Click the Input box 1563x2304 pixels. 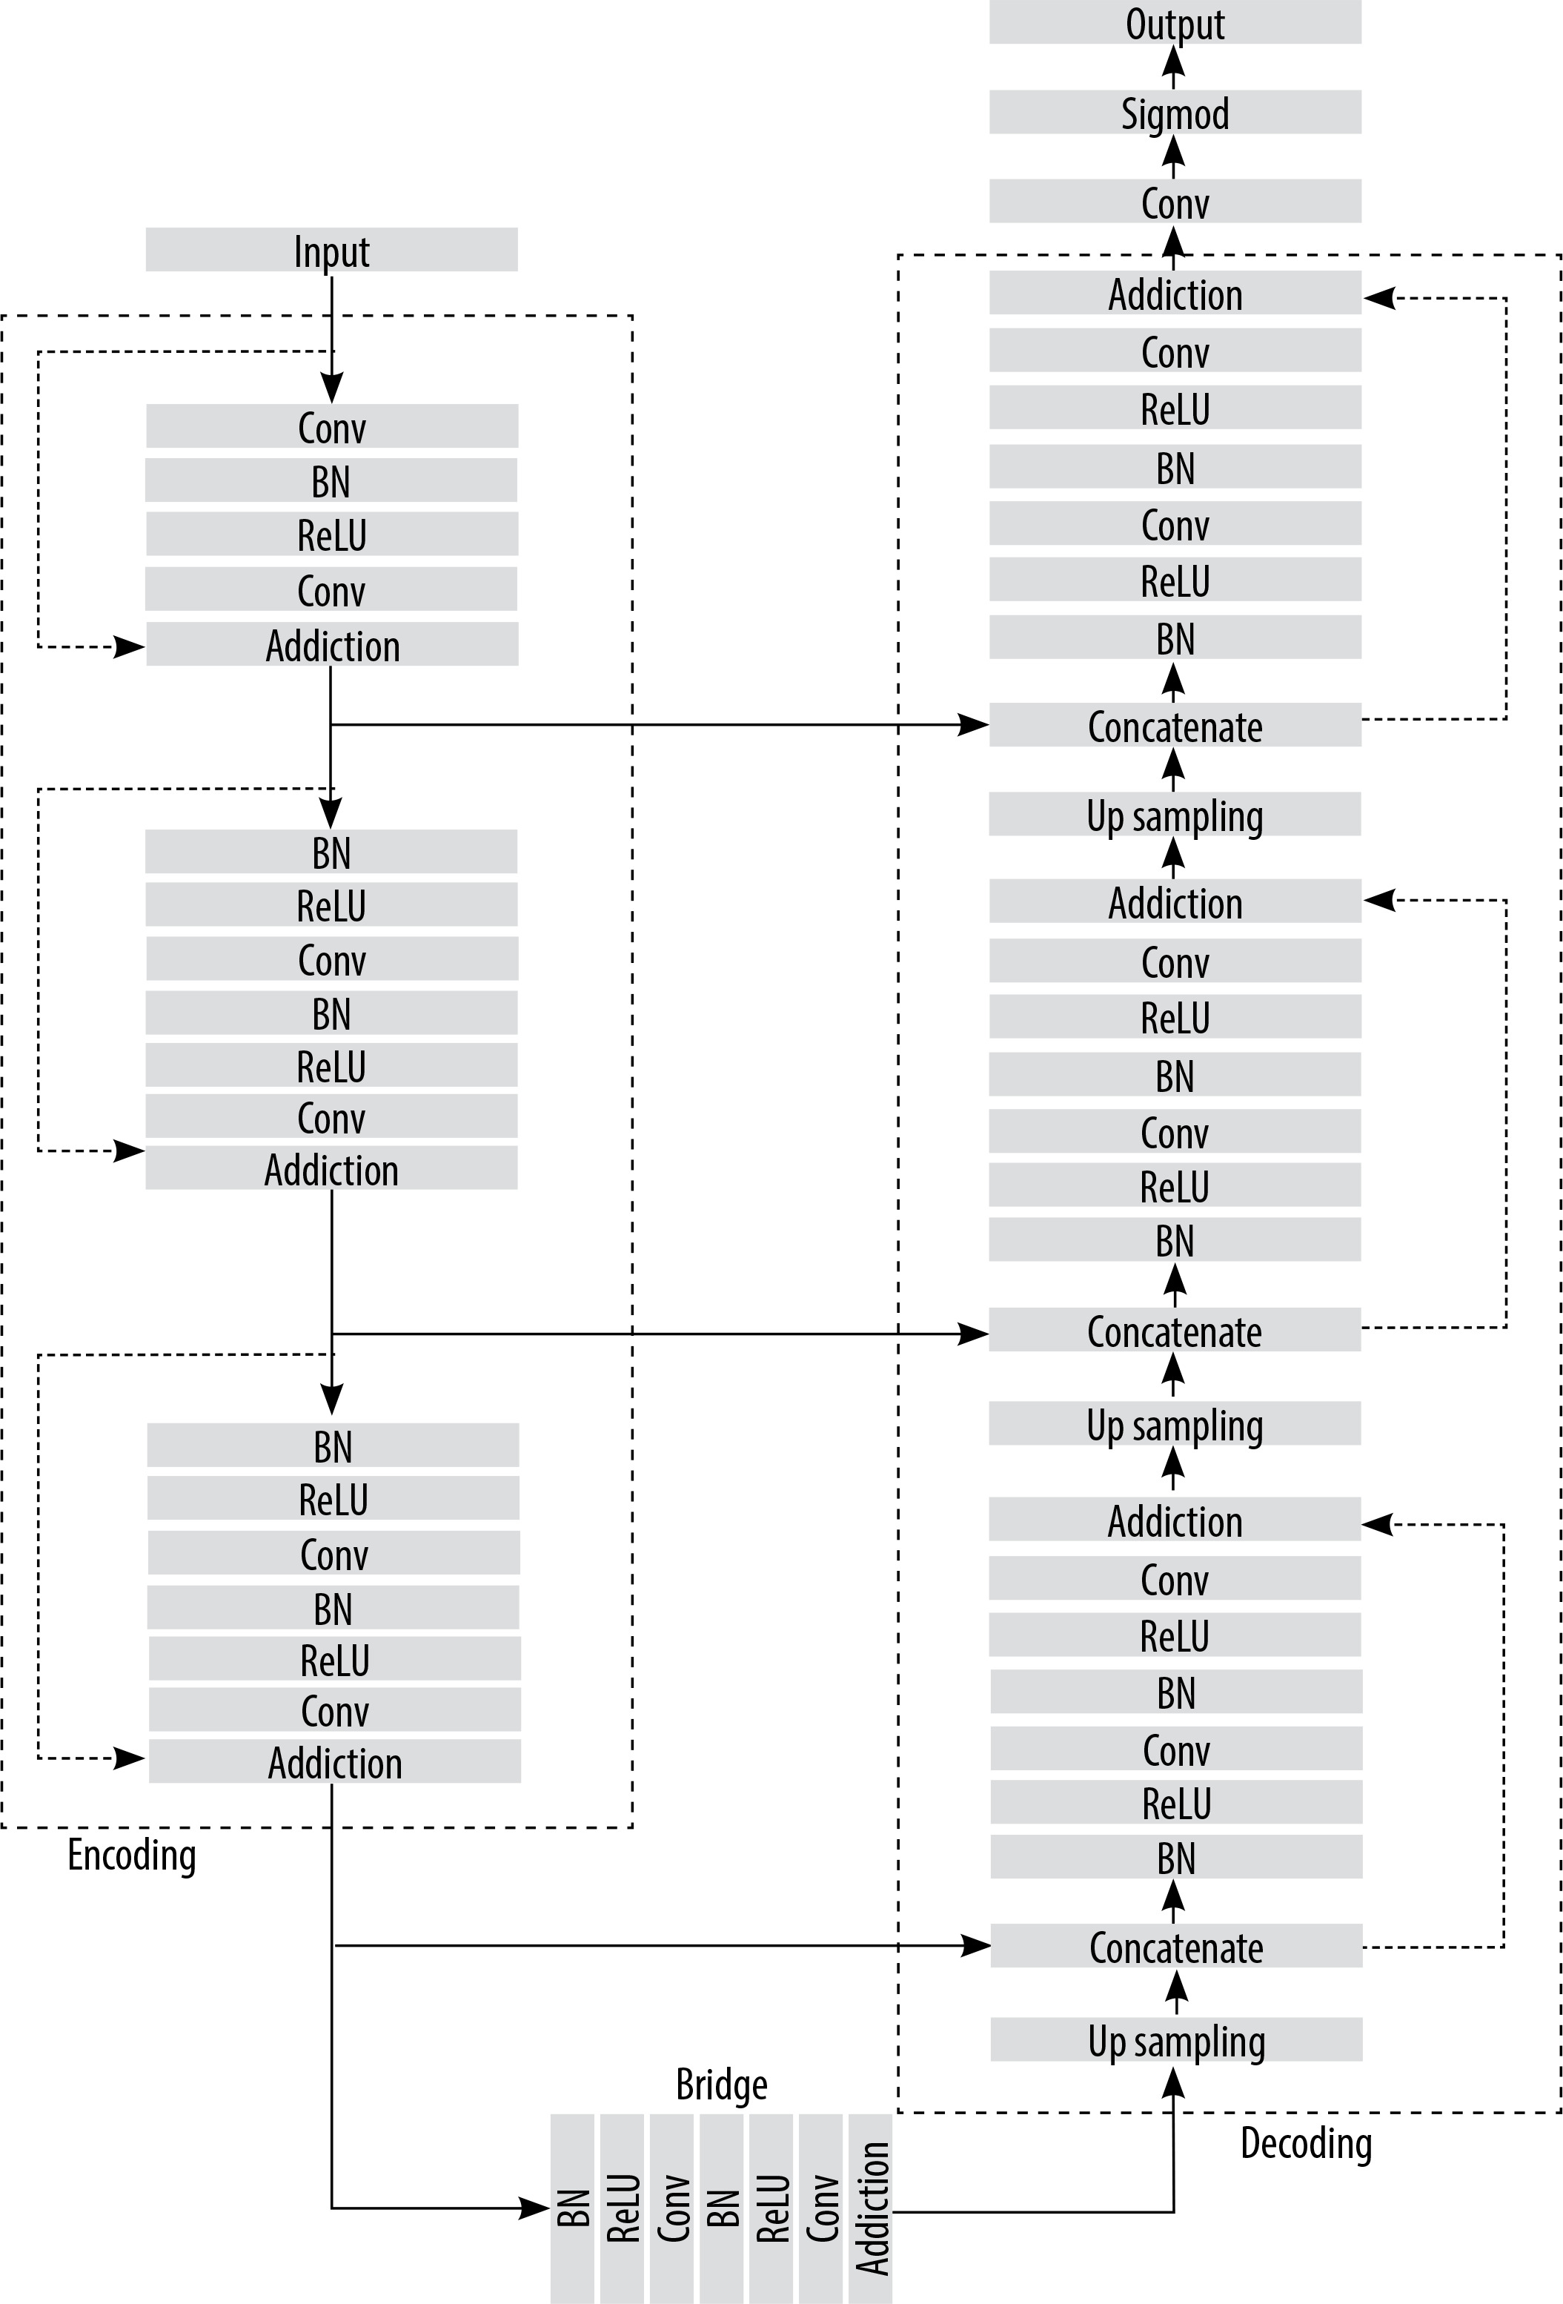(331, 250)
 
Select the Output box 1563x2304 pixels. (1175, 21)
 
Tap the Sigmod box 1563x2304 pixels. (1175, 112)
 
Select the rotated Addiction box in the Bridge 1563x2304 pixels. (870, 2208)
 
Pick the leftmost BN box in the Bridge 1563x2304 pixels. (572, 2208)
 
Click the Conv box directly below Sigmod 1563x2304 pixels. (1175, 201)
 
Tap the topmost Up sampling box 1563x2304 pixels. (1175, 814)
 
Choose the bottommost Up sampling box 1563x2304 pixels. (1176, 2039)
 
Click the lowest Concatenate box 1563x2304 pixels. (1176, 1945)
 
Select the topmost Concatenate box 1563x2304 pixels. (1175, 725)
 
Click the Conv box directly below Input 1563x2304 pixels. (332, 426)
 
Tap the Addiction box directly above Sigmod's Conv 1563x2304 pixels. (1175, 293)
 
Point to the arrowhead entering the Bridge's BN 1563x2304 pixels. (535, 2208)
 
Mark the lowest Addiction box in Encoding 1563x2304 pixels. (335, 1761)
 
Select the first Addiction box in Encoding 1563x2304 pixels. (332, 644)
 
